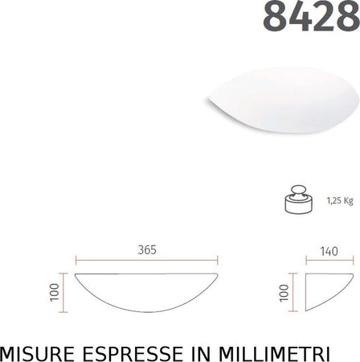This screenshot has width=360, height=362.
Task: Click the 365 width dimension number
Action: tap(145, 249)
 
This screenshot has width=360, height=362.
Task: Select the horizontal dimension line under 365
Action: tap(145, 259)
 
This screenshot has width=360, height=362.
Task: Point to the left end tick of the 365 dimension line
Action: tap(76, 259)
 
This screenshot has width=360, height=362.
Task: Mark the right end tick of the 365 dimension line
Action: tap(217, 259)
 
